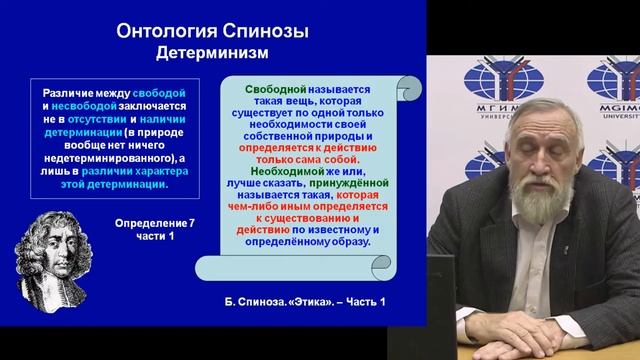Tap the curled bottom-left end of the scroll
(205, 267)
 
